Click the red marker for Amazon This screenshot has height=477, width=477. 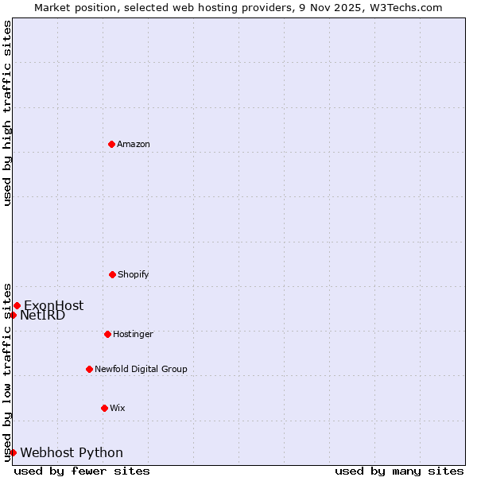[111, 144]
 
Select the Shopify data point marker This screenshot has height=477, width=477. [112, 274]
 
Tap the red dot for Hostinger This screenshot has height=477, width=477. [107, 334]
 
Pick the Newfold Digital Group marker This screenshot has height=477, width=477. [89, 369]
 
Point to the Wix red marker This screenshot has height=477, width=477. [104, 408]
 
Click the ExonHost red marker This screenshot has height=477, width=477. [17, 305]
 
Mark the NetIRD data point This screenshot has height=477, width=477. [13, 315]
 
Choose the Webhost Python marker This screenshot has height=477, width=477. [13, 452]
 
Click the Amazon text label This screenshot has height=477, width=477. [134, 144]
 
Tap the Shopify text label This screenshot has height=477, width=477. [134, 274]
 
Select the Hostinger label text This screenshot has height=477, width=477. [133, 334]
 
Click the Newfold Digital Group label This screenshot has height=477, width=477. [141, 369]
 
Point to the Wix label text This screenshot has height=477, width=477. [118, 408]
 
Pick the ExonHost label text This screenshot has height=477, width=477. [53, 305]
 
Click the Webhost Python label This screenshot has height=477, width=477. [72, 452]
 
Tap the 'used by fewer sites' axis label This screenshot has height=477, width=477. [82, 471]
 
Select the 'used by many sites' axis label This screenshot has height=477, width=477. [399, 471]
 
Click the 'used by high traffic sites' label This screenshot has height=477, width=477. [7, 113]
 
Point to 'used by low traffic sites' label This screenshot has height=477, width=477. [7, 371]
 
